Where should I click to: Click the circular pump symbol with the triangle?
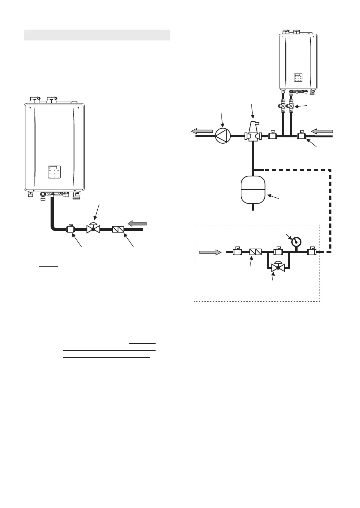[223, 136]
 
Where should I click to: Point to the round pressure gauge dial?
[296, 241]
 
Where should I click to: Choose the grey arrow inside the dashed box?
[210, 252]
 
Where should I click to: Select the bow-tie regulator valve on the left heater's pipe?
[93, 229]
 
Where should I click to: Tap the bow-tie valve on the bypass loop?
[278, 267]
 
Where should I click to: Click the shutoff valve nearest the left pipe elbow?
[71, 229]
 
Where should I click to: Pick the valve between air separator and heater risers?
[272, 136]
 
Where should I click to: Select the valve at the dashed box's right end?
[312, 251]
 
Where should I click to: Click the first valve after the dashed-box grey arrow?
[237, 251]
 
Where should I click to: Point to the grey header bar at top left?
[97, 35]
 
